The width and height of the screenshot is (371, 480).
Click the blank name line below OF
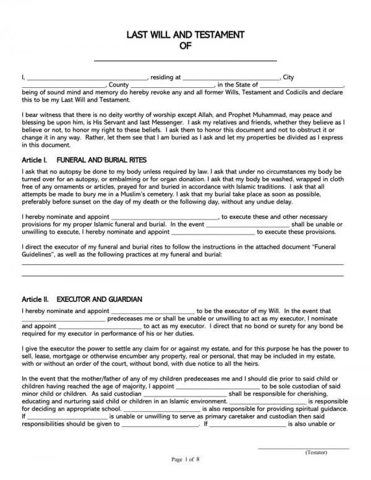185,59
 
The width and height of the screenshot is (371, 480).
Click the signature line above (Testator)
303,447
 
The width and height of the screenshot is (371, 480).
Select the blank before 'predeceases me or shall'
63,319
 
